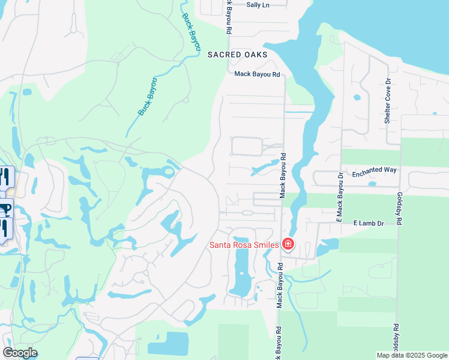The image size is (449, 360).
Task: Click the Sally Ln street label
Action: pos(258,5)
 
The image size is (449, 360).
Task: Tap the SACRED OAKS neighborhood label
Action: pos(237,54)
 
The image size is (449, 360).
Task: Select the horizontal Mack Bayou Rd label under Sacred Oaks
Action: pos(257,74)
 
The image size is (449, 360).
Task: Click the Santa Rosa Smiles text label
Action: pos(243,245)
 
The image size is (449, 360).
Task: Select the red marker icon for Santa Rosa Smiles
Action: pos(288,244)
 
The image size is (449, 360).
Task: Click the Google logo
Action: pos(20,353)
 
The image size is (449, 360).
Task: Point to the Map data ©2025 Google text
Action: pos(411,355)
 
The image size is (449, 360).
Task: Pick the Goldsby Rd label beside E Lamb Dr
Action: pos(398,209)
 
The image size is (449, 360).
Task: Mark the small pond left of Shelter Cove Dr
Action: pos(358,97)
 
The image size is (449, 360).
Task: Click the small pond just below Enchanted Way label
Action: pos(372,184)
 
